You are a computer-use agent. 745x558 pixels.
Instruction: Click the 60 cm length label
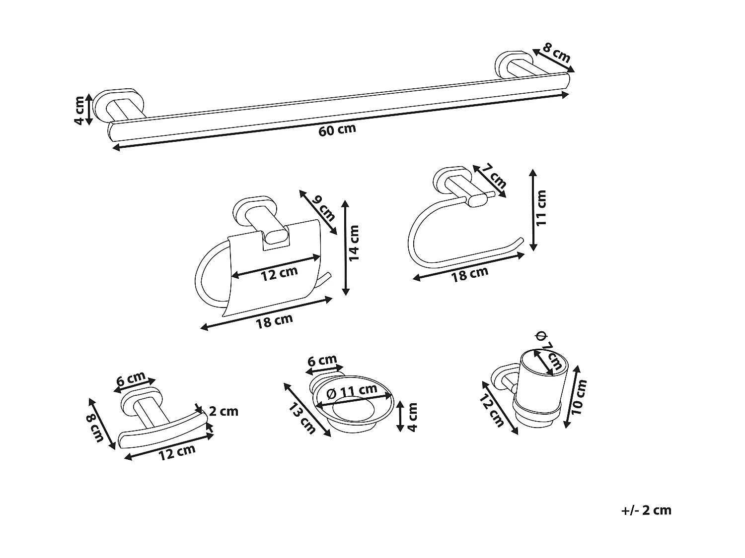(x=338, y=130)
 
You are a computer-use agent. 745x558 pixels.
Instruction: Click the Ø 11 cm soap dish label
(x=353, y=393)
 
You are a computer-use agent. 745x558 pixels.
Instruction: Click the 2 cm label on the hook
(x=223, y=411)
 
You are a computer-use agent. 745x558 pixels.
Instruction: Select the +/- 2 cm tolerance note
(x=646, y=510)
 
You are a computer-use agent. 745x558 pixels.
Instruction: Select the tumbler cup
(x=541, y=387)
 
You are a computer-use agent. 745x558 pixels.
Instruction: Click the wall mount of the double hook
(x=142, y=402)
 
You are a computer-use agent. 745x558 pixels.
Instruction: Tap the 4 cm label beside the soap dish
(x=412, y=417)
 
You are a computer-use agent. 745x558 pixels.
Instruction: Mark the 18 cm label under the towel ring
(x=469, y=274)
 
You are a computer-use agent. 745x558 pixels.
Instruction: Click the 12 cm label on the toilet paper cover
(x=279, y=273)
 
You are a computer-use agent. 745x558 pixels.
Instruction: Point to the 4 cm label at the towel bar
(x=79, y=110)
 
